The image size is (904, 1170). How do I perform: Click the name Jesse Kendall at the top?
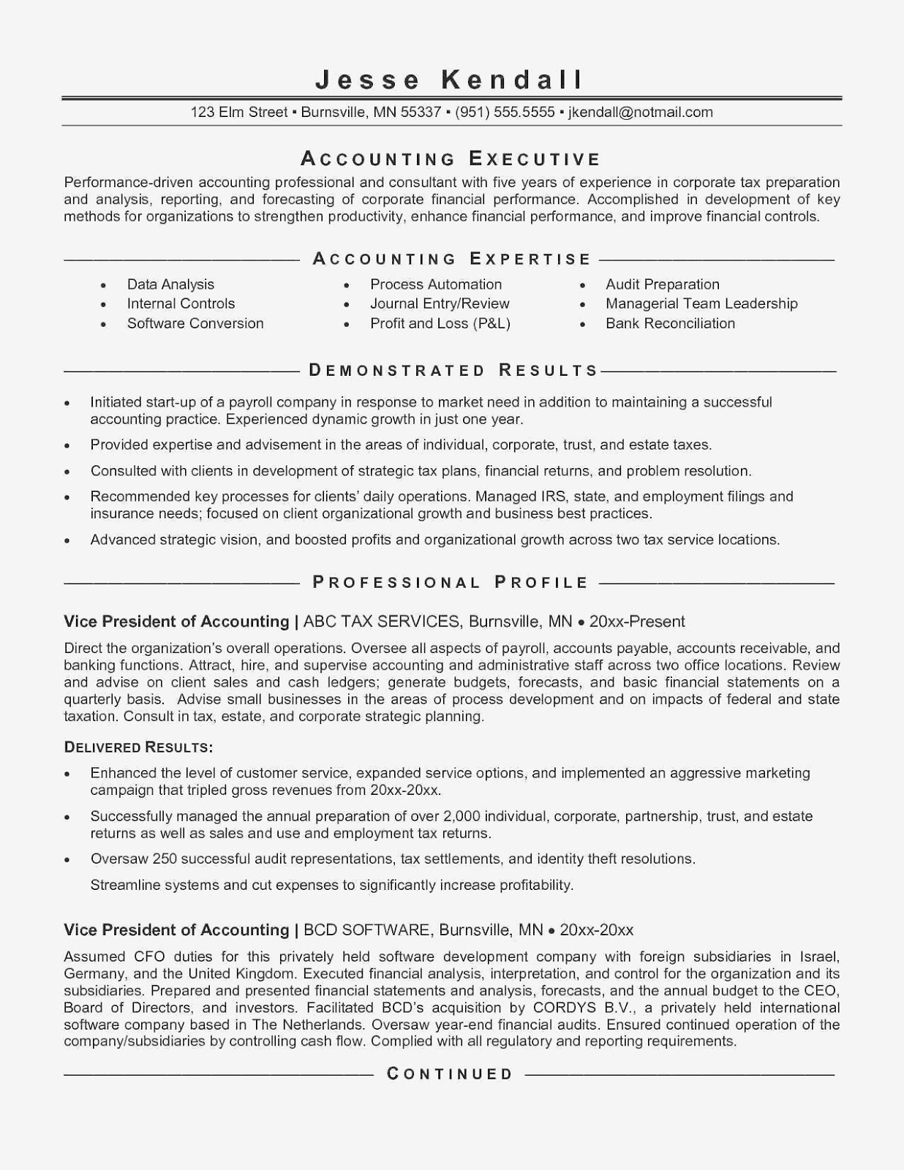coord(451,79)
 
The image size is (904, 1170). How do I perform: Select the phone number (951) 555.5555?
coord(505,113)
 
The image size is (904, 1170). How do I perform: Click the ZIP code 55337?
coord(421,113)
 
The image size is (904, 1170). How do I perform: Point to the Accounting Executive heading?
coord(451,159)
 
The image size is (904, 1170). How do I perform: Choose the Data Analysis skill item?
coord(170,284)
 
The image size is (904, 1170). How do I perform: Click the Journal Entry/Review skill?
coord(440,303)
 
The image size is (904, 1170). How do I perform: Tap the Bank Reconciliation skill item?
coord(670,323)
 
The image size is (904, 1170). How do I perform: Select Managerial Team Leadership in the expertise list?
coord(701,303)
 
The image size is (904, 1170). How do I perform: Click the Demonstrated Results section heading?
coord(453,370)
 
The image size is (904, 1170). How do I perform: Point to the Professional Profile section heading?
coord(451,583)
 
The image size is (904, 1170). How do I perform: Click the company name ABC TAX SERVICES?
coord(382,622)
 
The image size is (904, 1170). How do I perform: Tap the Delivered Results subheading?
coord(138,747)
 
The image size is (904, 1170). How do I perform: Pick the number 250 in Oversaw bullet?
coord(165,859)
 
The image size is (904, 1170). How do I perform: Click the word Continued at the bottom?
coord(450,1074)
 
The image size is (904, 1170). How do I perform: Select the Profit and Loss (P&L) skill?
coord(440,323)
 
